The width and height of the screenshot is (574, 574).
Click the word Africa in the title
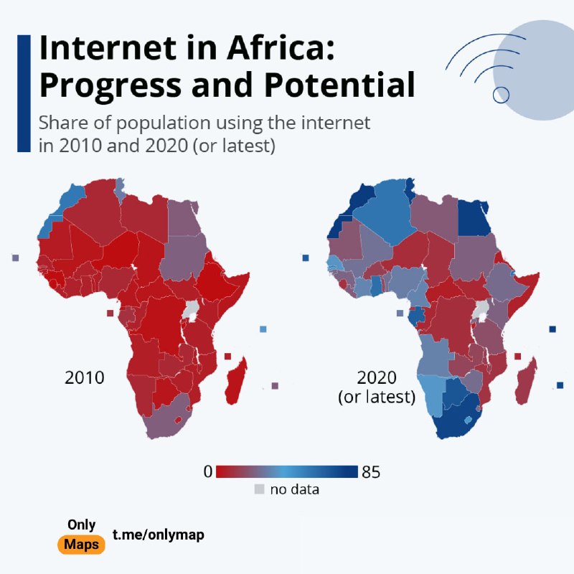[280, 48]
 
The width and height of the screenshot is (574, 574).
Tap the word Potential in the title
[339, 85]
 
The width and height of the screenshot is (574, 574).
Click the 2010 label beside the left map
[85, 377]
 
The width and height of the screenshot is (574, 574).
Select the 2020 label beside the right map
[377, 377]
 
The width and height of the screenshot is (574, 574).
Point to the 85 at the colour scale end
[371, 472]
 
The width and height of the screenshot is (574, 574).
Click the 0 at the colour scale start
[208, 471]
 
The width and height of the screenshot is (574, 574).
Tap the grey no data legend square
[259, 489]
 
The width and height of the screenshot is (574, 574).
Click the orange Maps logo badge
[81, 545]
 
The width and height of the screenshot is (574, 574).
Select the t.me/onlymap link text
[158, 535]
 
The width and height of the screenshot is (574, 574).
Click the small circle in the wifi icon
[501, 95]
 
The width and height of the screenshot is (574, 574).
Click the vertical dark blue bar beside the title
[24, 93]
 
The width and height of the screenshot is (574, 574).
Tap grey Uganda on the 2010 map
[190, 311]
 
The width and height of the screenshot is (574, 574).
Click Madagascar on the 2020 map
[527, 382]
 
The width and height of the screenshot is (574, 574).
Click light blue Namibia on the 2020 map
[432, 395]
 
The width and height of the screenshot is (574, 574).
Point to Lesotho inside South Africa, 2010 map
[178, 420]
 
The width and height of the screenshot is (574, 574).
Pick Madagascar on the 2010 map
[236, 381]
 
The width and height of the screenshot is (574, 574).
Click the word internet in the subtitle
[335, 123]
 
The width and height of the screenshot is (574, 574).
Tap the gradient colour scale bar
[286, 471]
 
